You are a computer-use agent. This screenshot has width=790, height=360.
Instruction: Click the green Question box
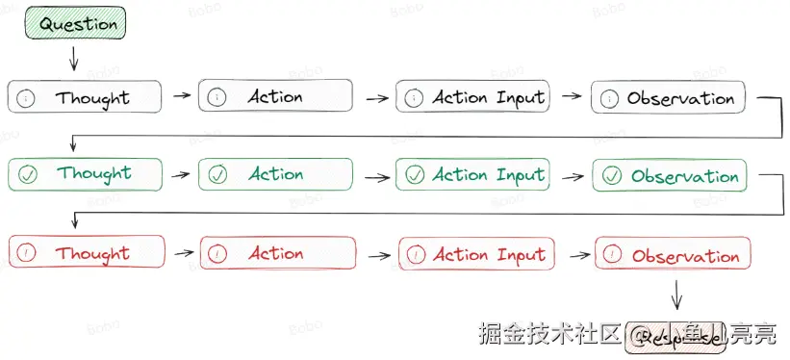[x=77, y=24]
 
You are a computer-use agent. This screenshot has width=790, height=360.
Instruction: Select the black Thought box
[x=85, y=97]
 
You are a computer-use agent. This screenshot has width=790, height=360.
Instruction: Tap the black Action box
[x=275, y=96]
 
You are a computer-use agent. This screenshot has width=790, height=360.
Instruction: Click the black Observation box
[x=670, y=98]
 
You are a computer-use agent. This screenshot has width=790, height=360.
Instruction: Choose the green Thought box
[x=85, y=174]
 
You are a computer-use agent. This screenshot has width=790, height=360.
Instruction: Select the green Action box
[x=275, y=174]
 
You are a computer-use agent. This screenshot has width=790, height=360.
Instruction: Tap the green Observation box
[x=672, y=176]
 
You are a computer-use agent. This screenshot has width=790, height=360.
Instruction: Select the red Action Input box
[x=476, y=254]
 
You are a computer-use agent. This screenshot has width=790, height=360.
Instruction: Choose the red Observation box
[x=673, y=255]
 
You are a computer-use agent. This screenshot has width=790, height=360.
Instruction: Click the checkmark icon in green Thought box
[x=28, y=174]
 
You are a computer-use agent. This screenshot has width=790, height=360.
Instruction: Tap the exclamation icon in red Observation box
[x=614, y=256]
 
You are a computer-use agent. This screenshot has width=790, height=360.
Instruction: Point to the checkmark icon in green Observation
[x=612, y=176]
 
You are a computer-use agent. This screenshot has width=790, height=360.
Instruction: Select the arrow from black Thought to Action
[x=181, y=96]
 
